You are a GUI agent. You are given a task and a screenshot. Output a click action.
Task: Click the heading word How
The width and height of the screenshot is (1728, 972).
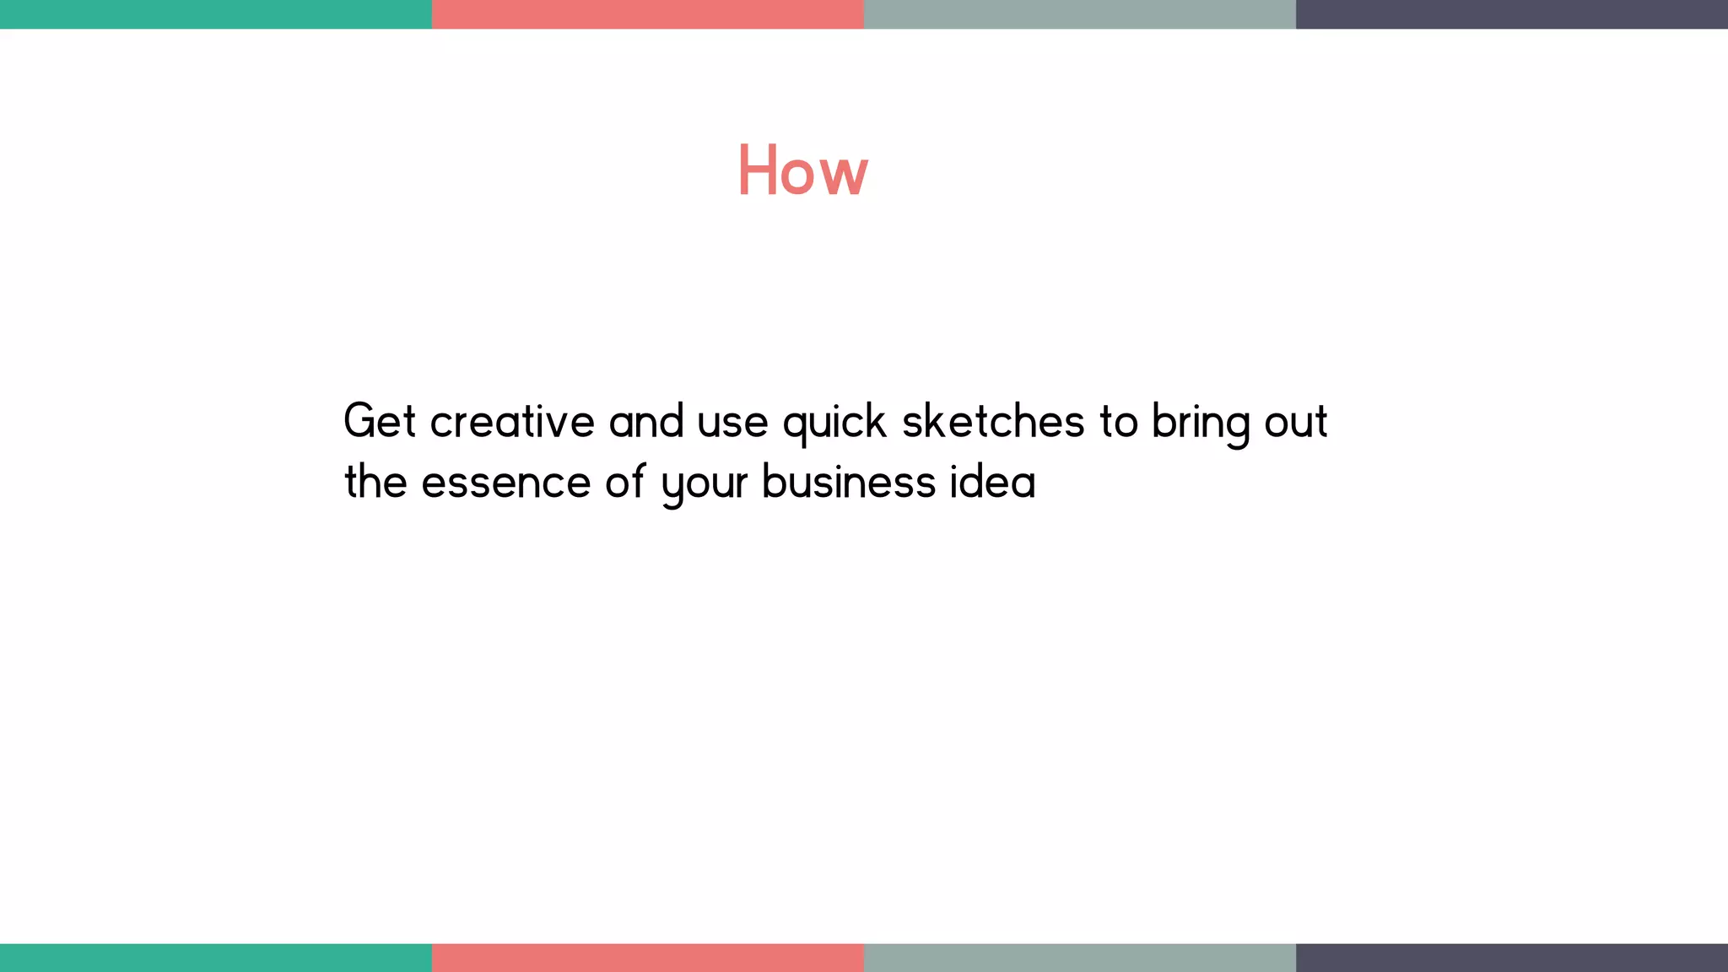802,170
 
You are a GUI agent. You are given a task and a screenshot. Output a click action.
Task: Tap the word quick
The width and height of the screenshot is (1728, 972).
834,422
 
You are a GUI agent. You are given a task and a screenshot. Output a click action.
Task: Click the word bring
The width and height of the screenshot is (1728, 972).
1200,422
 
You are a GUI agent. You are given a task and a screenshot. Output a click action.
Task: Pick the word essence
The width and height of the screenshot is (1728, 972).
506,483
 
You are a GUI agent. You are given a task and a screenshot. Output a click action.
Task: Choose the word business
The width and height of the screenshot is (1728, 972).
849,482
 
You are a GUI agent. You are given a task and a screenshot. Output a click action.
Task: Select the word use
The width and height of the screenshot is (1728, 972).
732,422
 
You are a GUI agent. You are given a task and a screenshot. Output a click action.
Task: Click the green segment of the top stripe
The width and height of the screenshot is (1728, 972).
216,14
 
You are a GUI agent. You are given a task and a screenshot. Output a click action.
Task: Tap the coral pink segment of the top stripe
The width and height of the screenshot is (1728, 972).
648,14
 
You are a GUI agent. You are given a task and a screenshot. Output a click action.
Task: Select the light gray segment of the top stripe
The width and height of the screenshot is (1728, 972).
1080,14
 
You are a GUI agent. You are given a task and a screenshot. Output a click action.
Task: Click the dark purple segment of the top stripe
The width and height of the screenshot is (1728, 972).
1512,14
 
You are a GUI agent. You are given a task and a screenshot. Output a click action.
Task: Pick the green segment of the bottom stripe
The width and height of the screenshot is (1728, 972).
216,958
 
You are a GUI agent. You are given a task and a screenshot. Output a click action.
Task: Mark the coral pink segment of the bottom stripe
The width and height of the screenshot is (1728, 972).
648,958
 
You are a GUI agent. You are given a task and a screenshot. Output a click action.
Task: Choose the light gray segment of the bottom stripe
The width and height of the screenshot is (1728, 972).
1080,958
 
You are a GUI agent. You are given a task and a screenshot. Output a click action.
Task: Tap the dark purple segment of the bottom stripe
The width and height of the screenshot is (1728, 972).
1512,958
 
